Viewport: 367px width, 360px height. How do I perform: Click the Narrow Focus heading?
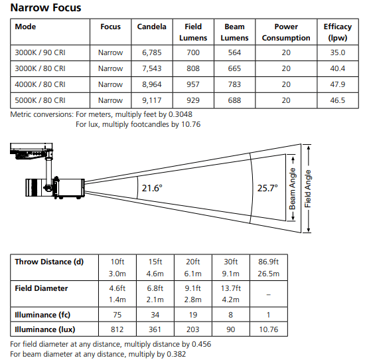(x=46, y=7)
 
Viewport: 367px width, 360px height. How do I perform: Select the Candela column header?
(x=152, y=27)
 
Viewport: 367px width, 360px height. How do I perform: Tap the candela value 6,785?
(x=152, y=52)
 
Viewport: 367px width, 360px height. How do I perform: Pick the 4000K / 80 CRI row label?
(x=40, y=84)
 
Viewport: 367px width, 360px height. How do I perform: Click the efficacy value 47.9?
(x=338, y=84)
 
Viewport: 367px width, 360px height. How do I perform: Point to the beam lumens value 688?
(x=234, y=100)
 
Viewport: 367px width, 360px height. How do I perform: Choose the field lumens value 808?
(x=193, y=68)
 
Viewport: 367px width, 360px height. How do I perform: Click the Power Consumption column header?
(x=286, y=32)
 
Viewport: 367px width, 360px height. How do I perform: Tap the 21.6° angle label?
(x=152, y=188)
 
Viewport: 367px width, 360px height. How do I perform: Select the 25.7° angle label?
(x=267, y=188)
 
